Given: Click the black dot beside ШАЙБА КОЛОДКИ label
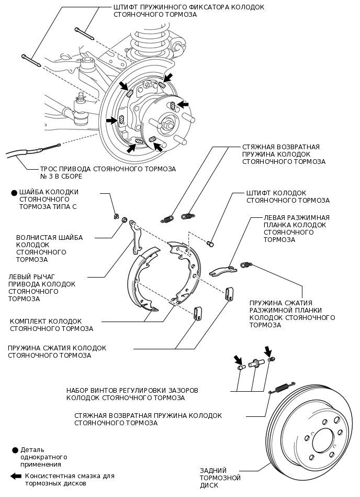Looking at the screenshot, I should click(14, 193).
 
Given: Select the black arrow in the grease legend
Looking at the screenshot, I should click(16, 476).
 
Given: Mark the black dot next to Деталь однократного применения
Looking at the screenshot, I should click(15, 450).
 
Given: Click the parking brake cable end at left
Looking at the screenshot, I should click(21, 153).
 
